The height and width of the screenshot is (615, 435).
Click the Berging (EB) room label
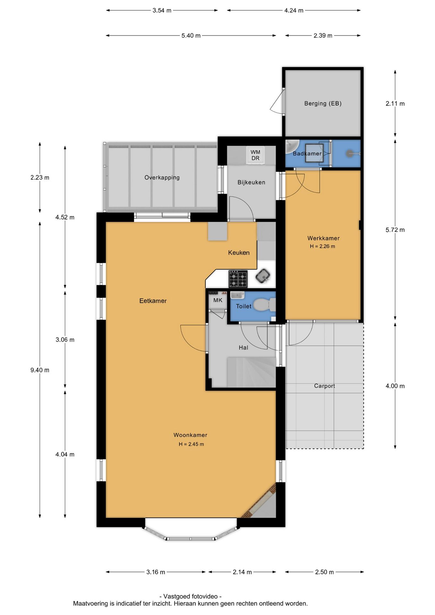coord(323,103)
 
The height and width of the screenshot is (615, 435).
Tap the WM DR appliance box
coord(255,155)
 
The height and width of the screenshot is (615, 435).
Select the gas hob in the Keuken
coord(238,279)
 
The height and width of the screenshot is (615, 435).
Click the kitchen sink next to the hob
coord(263,276)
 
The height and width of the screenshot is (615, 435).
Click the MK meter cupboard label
coord(218,300)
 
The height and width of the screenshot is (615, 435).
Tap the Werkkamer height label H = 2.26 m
coord(322,246)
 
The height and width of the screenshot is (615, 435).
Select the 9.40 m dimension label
coord(40,370)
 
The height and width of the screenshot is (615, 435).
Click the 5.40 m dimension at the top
coord(191,36)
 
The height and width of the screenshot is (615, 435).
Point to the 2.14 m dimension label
coord(242,572)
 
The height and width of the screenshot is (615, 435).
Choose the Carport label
coord(324,386)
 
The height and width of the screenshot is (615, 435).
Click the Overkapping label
coord(162,177)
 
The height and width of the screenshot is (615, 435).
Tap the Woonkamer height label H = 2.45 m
coord(191,444)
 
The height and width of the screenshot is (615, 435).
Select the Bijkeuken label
coord(251,182)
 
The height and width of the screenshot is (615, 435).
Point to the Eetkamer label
coord(153,301)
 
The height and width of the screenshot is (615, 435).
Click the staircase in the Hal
coord(251,373)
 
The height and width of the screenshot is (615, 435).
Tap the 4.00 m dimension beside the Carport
coord(395,386)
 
